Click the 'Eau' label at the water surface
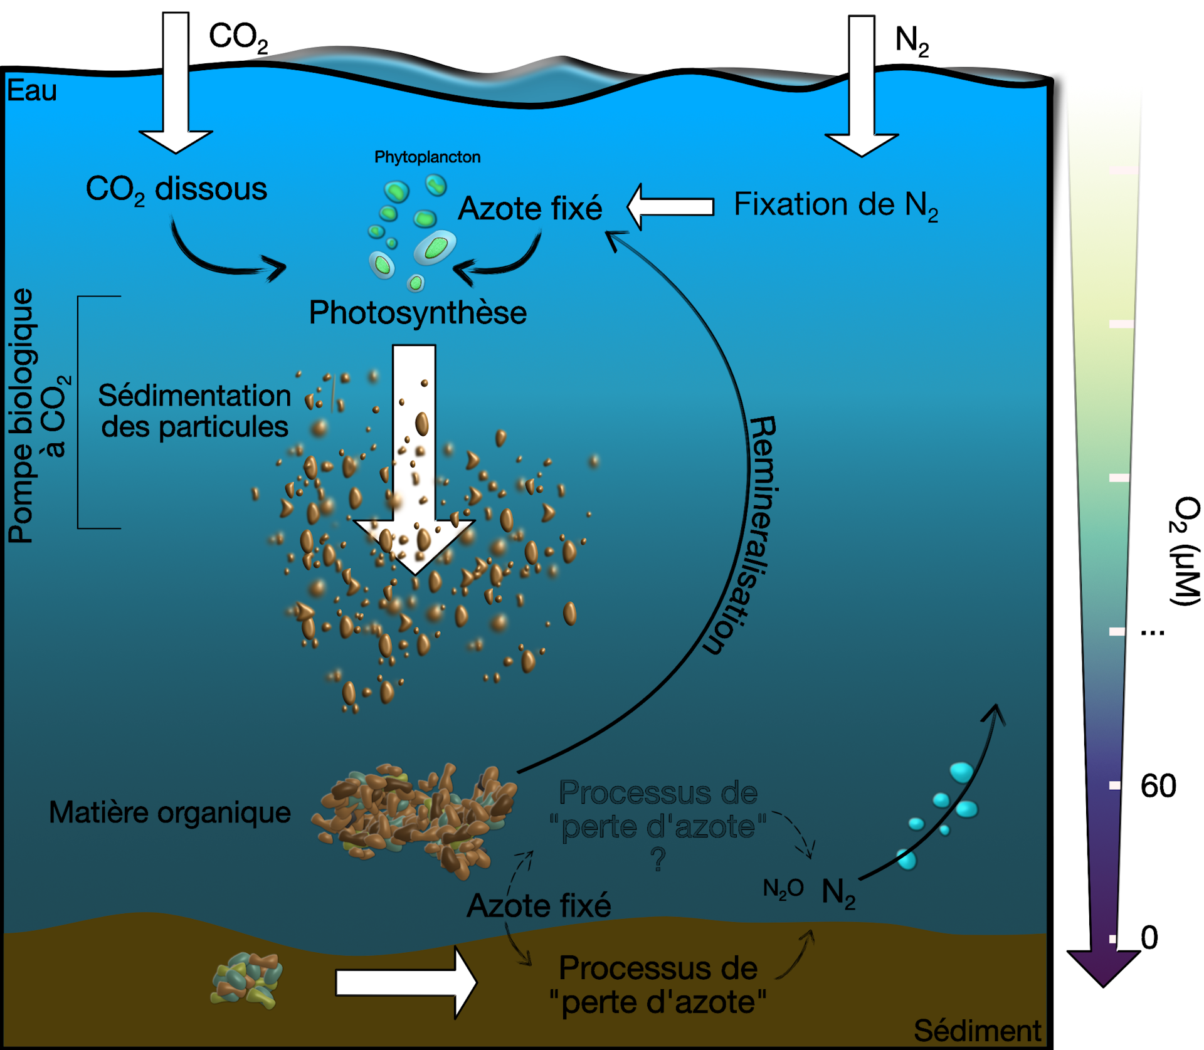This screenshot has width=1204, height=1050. point(32,92)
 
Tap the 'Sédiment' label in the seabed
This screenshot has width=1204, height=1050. point(976,1030)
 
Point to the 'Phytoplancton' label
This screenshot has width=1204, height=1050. point(427,157)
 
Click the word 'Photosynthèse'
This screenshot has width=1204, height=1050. point(418,312)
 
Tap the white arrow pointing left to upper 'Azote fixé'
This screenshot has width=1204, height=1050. point(670,206)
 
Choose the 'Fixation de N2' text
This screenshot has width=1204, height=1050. point(835,206)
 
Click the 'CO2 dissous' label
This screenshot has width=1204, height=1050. point(176,189)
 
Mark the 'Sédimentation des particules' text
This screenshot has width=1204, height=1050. point(194,411)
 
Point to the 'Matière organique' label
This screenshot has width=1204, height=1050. point(170,812)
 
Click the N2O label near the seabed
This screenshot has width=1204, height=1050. point(783,888)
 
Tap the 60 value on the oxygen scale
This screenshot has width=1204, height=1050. point(1158,785)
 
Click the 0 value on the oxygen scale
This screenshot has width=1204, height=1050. point(1149,938)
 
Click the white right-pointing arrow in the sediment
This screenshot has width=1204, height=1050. point(406,982)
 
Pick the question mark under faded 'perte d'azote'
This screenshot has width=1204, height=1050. point(658,859)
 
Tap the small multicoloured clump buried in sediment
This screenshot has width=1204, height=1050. point(246,980)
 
